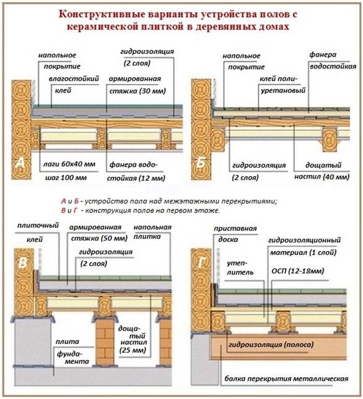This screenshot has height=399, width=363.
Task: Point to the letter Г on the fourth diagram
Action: coord(201,263)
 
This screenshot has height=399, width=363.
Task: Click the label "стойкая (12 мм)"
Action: coord(136,178)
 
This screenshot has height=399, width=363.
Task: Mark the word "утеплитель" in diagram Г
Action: coord(240,271)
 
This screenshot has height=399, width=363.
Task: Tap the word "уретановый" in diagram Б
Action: coord(282,90)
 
